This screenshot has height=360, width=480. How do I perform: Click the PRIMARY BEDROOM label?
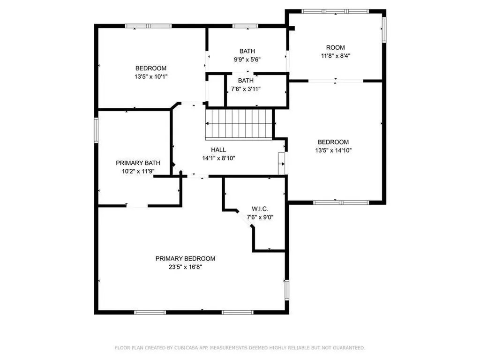[185, 258]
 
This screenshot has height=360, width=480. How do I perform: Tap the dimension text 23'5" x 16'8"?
[185, 267]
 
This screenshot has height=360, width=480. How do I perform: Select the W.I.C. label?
[260, 209]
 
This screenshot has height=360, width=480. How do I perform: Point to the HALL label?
[218, 150]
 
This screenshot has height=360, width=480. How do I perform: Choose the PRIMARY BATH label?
[135, 163]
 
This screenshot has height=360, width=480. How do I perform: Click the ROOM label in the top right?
[336, 47]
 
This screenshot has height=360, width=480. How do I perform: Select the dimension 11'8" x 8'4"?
[336, 55]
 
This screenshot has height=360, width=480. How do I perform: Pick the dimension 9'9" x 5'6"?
[247, 60]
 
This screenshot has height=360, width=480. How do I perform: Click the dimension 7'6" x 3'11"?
[246, 89]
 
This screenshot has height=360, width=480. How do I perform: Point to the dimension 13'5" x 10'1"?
[151, 76]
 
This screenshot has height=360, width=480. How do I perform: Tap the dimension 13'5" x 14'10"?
[333, 150]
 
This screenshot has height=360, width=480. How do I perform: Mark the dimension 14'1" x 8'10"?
[218, 158]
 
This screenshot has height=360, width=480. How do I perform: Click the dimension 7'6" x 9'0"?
[260, 217]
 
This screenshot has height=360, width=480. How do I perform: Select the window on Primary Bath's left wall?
[96, 129]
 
